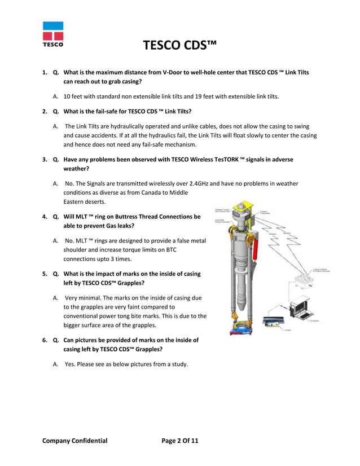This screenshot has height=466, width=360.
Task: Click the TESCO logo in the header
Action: (52, 34)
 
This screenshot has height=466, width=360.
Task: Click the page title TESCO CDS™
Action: (180, 46)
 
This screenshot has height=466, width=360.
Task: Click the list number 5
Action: (45, 274)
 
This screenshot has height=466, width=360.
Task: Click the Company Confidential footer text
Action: (74, 440)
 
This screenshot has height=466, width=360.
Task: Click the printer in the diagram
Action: (276, 323)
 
